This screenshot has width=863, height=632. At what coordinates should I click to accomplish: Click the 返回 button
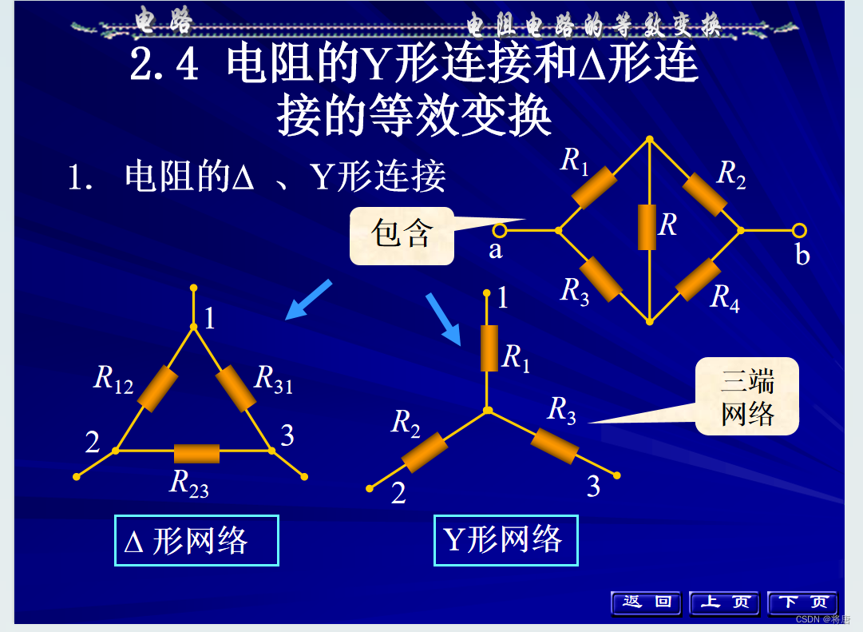click(646, 602)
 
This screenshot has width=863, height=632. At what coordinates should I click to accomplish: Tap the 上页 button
click(724, 602)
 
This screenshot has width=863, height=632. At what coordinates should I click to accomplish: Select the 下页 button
click(802, 602)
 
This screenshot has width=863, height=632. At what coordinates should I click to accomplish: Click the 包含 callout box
click(402, 236)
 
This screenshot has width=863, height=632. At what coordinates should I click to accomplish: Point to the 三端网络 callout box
click(746, 396)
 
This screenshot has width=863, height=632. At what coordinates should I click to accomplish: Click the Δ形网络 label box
click(196, 541)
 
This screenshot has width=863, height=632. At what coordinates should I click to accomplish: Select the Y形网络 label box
click(505, 540)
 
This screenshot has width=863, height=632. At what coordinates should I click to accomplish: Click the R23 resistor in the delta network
click(196, 453)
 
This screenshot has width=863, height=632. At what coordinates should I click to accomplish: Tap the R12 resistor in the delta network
click(157, 388)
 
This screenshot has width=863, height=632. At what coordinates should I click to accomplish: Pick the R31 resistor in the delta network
click(236, 388)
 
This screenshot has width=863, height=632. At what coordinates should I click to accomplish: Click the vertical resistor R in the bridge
click(647, 228)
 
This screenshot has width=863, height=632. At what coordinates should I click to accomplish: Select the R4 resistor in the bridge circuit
click(699, 280)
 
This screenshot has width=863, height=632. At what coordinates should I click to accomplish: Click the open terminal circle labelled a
click(500, 231)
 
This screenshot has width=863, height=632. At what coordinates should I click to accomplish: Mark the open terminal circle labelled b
click(799, 231)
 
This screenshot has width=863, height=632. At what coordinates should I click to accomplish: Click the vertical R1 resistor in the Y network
click(489, 348)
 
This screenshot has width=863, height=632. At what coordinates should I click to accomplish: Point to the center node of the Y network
click(488, 411)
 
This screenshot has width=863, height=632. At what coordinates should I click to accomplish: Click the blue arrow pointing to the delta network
click(308, 300)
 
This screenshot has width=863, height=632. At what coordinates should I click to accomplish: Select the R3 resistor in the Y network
click(555, 446)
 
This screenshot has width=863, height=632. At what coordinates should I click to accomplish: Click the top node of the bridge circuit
click(650, 139)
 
